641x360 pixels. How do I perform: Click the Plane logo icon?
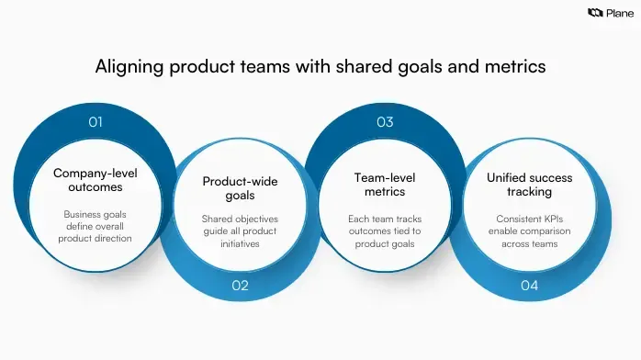click(x=593, y=12)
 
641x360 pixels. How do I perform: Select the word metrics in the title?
click(x=511, y=66)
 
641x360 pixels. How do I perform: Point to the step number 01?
click(x=96, y=121)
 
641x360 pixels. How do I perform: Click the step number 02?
click(x=240, y=286)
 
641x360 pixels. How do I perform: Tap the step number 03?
click(x=385, y=121)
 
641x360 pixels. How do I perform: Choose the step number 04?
click(x=529, y=286)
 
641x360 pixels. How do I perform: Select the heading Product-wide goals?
click(x=240, y=188)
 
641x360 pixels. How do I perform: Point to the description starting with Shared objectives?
click(x=240, y=232)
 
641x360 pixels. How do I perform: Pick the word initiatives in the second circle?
click(x=240, y=245)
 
